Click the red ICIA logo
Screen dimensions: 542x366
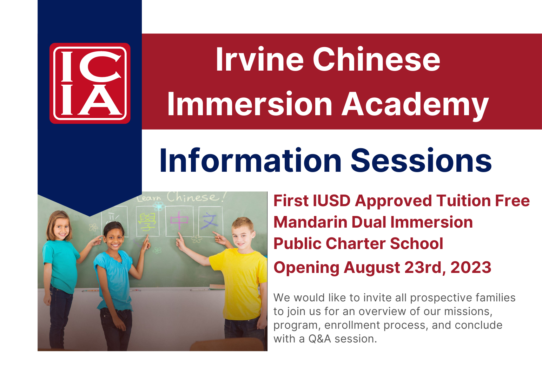[90, 83]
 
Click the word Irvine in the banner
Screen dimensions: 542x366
[260, 59]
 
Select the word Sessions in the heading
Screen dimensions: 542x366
[421, 160]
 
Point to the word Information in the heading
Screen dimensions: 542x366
[250, 160]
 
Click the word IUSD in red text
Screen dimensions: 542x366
[331, 201]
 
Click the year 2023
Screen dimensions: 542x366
[471, 267]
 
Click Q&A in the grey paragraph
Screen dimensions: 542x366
[319, 339]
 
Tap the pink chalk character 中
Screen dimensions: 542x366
[179, 220]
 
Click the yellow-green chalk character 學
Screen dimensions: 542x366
[147, 222]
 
